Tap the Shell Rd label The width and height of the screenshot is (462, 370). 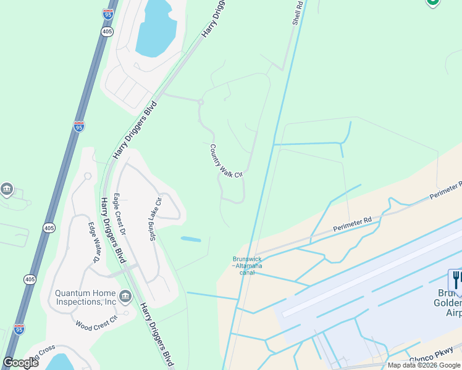297,12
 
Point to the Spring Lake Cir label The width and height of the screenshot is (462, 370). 154,219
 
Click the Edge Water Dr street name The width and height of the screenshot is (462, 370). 94,242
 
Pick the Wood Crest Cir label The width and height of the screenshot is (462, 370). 96,323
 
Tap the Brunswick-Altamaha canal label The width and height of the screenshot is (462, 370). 248,262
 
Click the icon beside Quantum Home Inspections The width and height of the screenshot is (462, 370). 126,297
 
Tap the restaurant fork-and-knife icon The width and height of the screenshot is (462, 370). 456,279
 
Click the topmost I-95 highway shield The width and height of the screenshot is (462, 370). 107,13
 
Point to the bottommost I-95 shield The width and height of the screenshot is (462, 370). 19,329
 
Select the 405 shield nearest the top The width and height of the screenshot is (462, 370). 107,32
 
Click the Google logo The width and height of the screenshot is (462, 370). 20,363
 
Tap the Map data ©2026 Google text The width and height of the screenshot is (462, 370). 424,365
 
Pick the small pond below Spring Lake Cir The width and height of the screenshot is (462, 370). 191,239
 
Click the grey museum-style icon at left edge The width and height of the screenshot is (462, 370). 7,189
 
